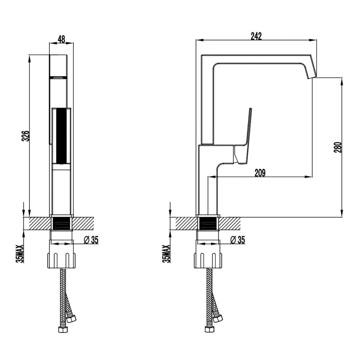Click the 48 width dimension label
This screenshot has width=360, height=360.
61,39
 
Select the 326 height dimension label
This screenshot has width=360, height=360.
26,136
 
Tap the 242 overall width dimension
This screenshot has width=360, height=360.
256,36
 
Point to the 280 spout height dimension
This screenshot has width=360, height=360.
338,147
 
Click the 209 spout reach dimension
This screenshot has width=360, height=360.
260,173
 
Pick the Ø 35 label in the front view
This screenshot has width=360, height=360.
91,240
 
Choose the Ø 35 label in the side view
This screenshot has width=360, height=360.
237,240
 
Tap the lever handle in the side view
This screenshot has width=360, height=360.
243,138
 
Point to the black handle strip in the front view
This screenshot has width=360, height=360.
62,136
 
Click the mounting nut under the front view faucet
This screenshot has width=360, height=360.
62,260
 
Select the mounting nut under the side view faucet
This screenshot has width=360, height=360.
209,260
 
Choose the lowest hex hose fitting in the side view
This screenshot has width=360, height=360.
210,329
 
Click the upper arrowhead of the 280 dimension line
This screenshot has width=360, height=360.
342,82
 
